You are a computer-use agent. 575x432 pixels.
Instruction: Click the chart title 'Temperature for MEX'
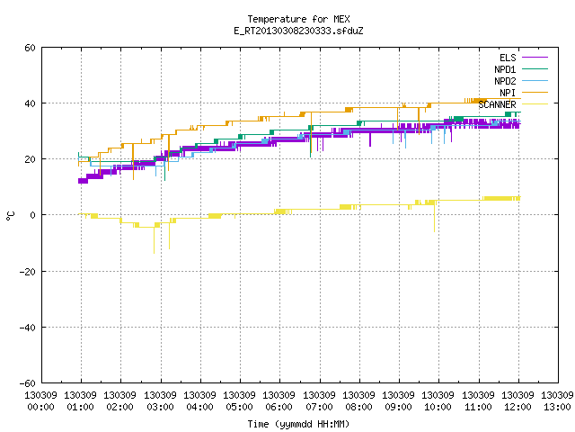(x=298, y=19)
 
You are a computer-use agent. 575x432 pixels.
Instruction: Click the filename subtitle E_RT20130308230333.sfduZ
(x=298, y=31)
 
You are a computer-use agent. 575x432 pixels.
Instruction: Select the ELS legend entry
(x=524, y=58)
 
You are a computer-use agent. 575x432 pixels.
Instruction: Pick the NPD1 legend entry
(x=521, y=69)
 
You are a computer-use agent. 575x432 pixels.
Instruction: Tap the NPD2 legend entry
(x=521, y=81)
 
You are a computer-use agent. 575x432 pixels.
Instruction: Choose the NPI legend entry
(x=524, y=93)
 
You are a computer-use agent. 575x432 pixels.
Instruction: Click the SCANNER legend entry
(x=513, y=104)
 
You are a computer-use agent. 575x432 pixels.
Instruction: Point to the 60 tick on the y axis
(x=30, y=48)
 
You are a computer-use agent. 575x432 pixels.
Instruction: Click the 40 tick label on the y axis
(x=30, y=103)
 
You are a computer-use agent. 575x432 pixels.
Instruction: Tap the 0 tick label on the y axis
(x=33, y=215)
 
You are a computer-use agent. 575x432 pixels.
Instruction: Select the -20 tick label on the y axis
(x=28, y=272)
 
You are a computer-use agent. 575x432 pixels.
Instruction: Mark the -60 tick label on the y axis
(x=28, y=383)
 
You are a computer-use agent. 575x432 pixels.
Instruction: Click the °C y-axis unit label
(x=10, y=216)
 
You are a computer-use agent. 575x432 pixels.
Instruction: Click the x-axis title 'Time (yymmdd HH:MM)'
(x=298, y=424)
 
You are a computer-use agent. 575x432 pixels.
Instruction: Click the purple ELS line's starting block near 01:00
(x=83, y=181)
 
